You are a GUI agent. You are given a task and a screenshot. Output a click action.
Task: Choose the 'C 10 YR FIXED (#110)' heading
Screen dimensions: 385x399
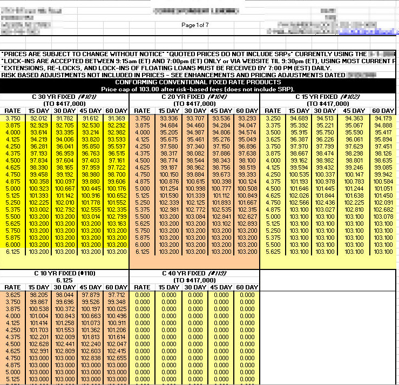pos(64,273)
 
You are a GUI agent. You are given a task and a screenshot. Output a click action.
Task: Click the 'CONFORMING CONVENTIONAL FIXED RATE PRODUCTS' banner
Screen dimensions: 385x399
pos(199,82)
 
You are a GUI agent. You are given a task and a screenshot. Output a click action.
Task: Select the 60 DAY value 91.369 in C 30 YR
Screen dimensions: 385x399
pos(116,118)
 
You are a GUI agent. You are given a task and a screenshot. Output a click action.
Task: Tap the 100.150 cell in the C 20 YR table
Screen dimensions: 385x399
pos(168,174)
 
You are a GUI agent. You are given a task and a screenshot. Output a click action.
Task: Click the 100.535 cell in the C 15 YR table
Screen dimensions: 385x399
pos(299,174)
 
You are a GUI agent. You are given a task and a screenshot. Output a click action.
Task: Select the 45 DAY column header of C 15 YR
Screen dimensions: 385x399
pos(354,111)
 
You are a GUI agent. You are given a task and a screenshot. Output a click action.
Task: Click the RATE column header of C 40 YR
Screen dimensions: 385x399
pos(142,287)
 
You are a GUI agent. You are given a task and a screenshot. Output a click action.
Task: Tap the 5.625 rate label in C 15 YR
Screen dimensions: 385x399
pos(273,251)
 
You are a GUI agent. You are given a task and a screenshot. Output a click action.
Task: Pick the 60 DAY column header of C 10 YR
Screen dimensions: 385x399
pos(116,287)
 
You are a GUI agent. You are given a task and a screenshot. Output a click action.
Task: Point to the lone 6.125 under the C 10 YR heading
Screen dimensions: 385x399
pos(64,280)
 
